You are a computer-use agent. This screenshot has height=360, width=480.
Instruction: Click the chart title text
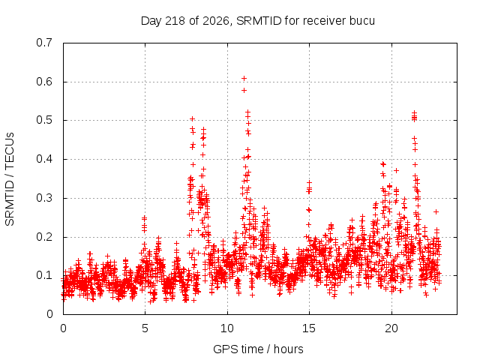[258, 21]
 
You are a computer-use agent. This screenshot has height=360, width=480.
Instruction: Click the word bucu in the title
[361, 21]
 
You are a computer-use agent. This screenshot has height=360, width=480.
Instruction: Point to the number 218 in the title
[175, 21]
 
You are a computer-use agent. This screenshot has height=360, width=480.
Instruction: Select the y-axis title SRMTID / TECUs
[10, 179]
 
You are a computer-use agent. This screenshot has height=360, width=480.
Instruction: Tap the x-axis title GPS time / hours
[258, 349]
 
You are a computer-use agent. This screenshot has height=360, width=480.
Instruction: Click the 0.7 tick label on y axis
[44, 43]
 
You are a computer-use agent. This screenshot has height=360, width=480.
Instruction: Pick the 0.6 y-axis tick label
[44, 82]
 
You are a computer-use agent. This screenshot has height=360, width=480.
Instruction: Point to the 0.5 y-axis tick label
[44, 120]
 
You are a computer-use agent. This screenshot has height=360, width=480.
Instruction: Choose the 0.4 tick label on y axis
[44, 159]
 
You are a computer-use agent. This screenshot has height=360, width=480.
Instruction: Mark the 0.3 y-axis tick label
[44, 198]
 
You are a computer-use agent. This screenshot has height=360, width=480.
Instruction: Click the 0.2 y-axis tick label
[44, 237]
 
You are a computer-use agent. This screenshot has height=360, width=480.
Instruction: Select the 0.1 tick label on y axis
[44, 275]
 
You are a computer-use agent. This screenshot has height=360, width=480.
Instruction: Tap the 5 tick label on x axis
[145, 328]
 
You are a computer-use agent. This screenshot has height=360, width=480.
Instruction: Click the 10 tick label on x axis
[227, 328]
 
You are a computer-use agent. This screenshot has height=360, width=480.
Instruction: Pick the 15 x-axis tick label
[309, 328]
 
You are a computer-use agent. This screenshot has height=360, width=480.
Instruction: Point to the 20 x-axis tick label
[391, 328]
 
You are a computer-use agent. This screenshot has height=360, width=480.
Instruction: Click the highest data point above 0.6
[244, 78]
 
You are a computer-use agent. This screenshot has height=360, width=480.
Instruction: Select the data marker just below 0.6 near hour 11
[244, 90]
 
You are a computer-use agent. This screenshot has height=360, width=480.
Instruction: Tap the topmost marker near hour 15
[309, 182]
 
